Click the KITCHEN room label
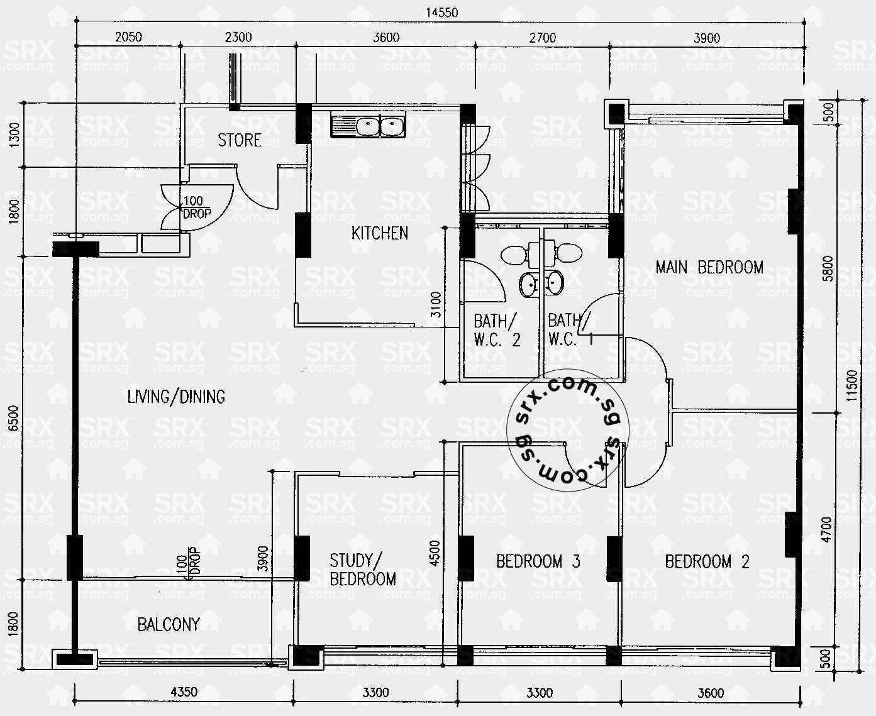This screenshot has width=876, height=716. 379,233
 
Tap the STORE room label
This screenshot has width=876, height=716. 240,140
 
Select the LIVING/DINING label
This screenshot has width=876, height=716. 176,397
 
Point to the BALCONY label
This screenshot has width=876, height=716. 169,624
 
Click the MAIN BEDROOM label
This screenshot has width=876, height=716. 709,267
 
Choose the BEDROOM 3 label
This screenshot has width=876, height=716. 538,561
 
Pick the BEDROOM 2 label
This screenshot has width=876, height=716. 707,561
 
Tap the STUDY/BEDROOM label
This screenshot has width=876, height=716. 363,570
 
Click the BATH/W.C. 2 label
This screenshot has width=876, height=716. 497,331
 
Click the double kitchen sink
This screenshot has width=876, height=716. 369,126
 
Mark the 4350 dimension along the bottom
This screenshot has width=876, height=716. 184,692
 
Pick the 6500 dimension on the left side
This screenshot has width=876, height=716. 14,419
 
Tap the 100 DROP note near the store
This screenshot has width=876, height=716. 196,207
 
